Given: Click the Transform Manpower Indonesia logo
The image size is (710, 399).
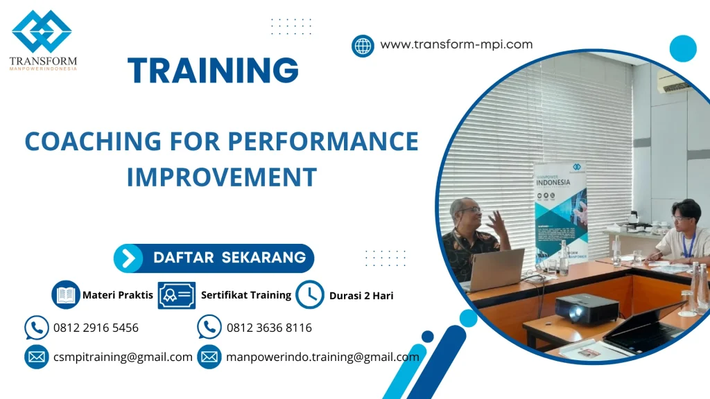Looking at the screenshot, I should coord(42,38).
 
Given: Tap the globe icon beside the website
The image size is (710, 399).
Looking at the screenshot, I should coord(363,46).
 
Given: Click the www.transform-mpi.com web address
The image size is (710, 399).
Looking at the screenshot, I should coord(456,44).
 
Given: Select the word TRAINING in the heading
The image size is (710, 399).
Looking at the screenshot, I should coord(213,71).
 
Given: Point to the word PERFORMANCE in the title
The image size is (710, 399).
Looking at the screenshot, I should coord(323,141).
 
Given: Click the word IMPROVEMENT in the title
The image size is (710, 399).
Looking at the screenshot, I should coord(221,177).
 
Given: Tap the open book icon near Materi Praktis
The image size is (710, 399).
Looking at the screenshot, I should coord(66,294).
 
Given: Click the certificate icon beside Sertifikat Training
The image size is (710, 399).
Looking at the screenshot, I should coord(176,295).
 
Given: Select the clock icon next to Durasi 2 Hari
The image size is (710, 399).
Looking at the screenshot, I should coord(309,294).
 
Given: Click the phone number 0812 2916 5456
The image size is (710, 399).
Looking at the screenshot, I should coord(96,328).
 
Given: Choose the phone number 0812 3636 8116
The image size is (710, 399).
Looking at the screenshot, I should coord(269,328).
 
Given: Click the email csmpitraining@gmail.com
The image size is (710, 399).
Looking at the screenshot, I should coord(123,357).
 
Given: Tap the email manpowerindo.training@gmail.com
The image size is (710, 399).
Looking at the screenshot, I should coord(322,357).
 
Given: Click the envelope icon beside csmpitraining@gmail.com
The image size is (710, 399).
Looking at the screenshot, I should coord(36,357).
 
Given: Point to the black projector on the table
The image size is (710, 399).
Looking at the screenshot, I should coord(587,308).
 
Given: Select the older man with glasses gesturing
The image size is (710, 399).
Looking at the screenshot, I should coord(476,236).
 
